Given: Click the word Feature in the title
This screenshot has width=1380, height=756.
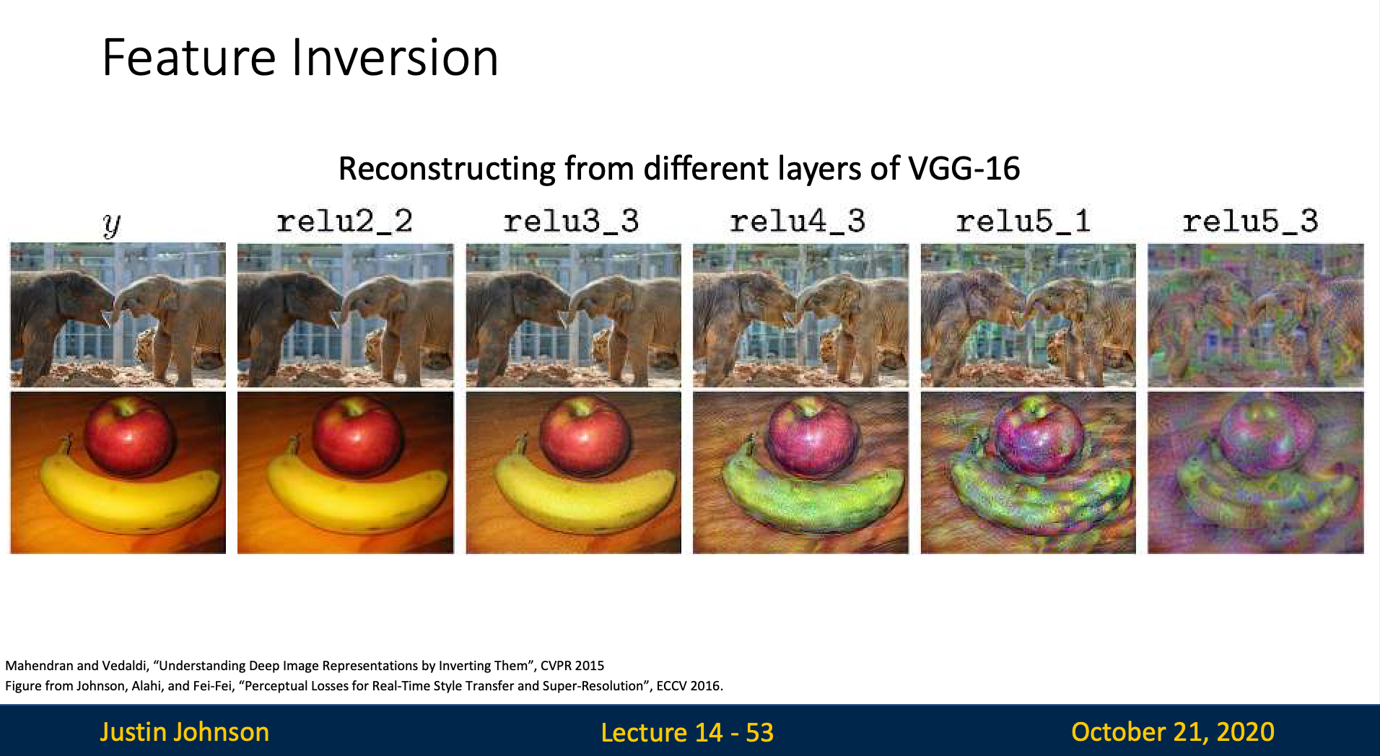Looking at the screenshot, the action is (189, 58).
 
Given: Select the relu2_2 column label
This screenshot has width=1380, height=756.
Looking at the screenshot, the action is (345, 221).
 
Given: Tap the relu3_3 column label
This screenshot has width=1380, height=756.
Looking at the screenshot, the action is (572, 221).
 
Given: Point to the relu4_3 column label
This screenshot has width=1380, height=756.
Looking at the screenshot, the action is (798, 221).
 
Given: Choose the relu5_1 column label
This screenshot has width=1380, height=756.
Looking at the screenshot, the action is (1024, 221).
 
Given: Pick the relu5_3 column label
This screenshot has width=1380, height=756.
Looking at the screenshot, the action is (1251, 221).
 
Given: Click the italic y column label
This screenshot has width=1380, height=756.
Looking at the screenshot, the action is (112, 225).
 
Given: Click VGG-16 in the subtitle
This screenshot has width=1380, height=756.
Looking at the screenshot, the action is (964, 169).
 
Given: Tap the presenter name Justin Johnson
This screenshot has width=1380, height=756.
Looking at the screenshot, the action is (185, 732).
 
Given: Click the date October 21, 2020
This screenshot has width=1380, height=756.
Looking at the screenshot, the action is (1173, 732).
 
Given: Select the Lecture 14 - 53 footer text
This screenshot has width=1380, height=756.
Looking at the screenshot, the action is (687, 733).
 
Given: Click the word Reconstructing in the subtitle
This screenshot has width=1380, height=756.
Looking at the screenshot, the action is (447, 170).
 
